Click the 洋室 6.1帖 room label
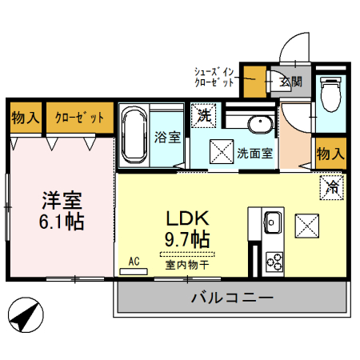pos(62,210)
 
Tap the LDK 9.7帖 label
pos(187,227)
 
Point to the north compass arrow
pos(26,314)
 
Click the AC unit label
pos(134,262)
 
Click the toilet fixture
pos(329,97)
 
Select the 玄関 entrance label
pos(290,82)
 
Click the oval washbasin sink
pos(258,125)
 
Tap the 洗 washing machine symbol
pos(204,114)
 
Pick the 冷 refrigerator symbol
pos(330,187)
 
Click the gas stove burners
pos(273,260)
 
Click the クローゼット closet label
pos(78,118)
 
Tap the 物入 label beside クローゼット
pos(25,118)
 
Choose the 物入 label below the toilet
pos(330,152)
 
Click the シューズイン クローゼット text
pos(214,76)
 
